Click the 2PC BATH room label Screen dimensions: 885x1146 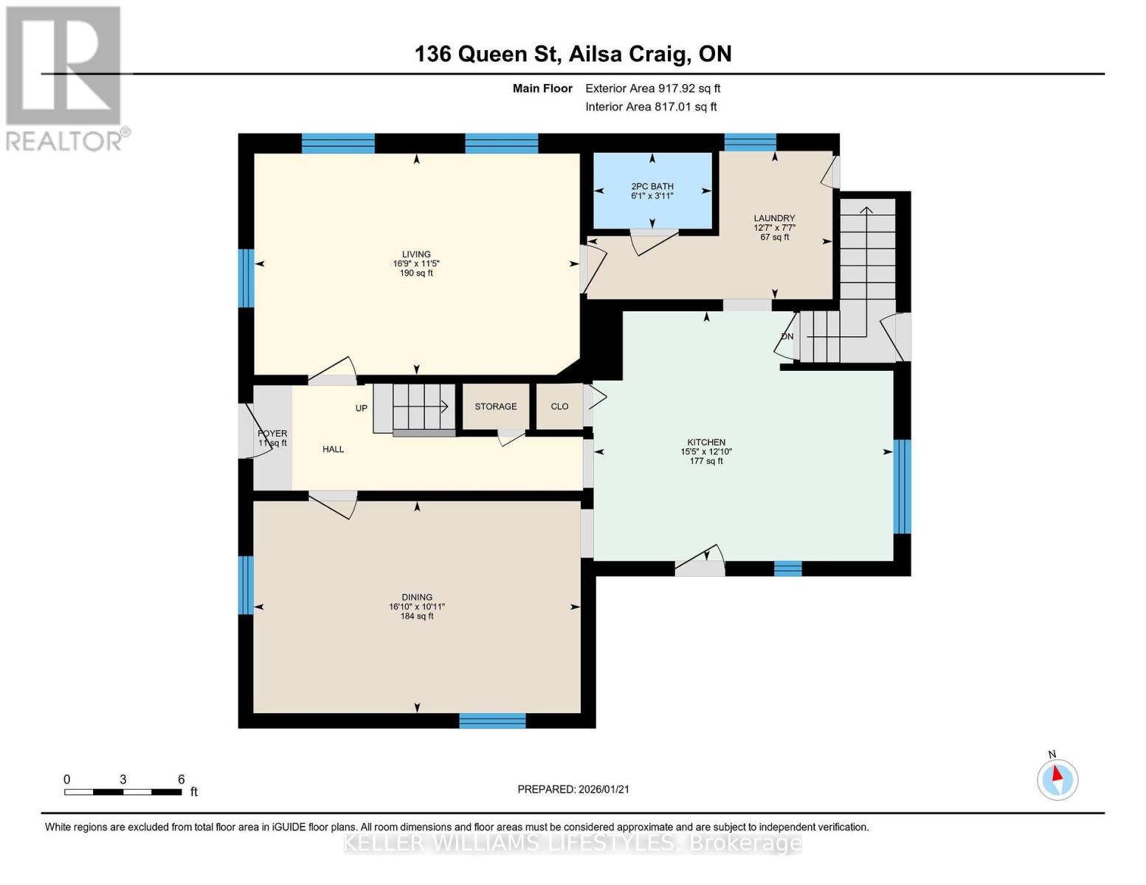tap(652, 187)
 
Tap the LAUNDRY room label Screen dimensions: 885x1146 tap(774, 218)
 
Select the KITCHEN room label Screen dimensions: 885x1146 tap(706, 442)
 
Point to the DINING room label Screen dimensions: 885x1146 tap(417, 597)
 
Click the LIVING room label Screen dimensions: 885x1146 tap(416, 254)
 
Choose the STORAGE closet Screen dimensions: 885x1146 tap(496, 406)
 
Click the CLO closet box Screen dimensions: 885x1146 tap(559, 406)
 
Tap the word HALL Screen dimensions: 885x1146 tap(333, 449)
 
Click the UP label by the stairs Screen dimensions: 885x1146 tap(362, 408)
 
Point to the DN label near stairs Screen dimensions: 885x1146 tap(787, 336)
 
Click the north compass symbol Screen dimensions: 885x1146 tap(1057, 779)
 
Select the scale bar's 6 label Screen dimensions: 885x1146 tap(181, 780)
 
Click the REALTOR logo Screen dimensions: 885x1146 tap(64, 77)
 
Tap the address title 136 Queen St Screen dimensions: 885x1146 tap(573, 54)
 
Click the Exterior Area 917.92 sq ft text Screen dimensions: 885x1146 tap(652, 88)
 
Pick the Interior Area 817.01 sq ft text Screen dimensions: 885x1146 tap(651, 107)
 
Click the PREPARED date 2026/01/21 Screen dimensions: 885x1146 tap(573, 789)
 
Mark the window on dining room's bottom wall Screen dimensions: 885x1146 tap(492, 721)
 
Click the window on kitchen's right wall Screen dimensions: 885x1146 tap(902, 487)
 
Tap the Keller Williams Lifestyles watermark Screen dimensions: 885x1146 tap(573, 843)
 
